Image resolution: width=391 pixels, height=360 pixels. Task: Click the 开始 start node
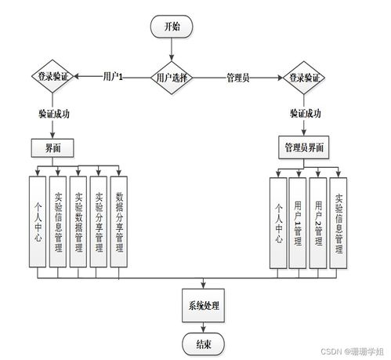(172, 26)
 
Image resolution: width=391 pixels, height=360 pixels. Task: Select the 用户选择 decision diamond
(172, 78)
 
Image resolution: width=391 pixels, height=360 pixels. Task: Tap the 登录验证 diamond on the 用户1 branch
(52, 77)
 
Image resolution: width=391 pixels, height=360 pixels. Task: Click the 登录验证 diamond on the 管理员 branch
(303, 78)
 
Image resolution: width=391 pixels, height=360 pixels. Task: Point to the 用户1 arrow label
(114, 77)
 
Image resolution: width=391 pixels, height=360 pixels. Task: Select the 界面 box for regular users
(52, 147)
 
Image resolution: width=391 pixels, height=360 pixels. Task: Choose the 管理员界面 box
(303, 147)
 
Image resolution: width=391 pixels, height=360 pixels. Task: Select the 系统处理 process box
(203, 305)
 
